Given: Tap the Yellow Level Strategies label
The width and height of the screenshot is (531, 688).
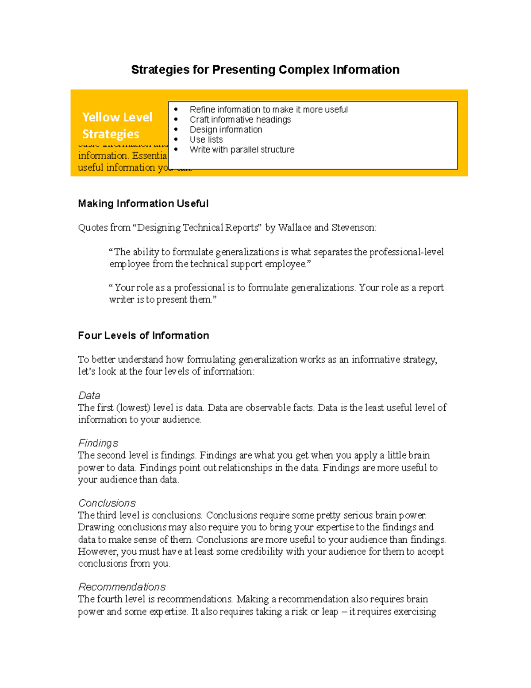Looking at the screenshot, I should (117, 125).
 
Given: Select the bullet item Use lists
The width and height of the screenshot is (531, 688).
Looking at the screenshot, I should (206, 140).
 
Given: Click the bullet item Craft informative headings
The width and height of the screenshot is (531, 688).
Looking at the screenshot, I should (240, 120).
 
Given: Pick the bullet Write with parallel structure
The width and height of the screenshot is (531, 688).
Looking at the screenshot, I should (242, 150).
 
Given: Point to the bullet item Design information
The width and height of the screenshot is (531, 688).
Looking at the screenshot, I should (226, 130).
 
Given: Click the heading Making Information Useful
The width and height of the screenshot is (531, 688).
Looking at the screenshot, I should (143, 204).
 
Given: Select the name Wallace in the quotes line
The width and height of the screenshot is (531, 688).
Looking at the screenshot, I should (294, 228).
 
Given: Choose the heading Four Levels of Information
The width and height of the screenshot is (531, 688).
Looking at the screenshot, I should (143, 336).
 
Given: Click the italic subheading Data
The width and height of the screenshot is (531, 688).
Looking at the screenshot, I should (89, 396).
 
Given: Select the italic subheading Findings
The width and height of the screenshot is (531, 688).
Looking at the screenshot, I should (98, 443).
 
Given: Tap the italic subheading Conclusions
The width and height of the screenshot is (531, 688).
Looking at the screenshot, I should (107, 503).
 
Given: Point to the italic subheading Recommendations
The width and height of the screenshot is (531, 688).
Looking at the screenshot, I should (122, 587).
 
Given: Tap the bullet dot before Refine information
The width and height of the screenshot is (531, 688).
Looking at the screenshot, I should (176, 109).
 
